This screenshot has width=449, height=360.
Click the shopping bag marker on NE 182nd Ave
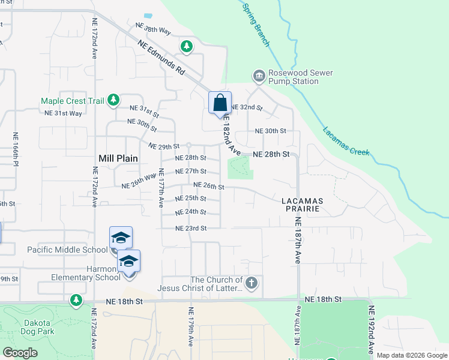[220, 102]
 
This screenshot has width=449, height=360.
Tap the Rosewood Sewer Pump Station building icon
[259, 75]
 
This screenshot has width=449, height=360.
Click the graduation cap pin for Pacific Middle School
[121, 238]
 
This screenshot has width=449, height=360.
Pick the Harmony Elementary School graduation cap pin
[128, 262]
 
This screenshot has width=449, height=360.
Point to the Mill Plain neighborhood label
[118, 158]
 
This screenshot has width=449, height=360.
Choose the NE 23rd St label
[191, 228]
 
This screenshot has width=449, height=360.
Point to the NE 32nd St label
[247, 107]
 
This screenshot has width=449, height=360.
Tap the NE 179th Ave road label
[191, 328]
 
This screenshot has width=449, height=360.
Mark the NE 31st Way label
[63, 113]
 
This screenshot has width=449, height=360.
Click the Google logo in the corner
[20, 353]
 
